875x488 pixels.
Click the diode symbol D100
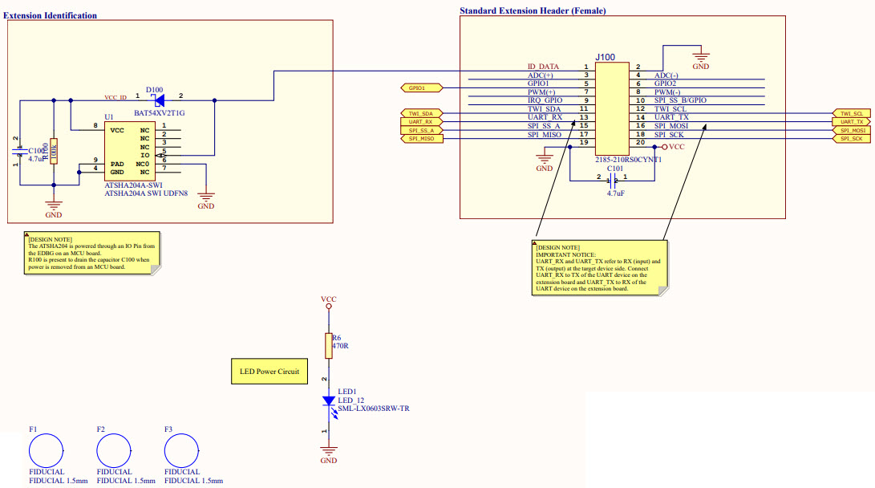159,100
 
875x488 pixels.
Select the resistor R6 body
328,346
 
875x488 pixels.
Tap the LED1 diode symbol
328,400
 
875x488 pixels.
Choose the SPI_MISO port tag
421,139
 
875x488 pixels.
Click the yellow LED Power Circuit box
269,372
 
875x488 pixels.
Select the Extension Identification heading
51,15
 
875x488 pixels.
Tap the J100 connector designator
606,58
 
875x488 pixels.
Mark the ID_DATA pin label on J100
543,67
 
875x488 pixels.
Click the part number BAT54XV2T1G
160,113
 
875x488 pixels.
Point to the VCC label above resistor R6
328,299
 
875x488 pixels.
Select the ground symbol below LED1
328,453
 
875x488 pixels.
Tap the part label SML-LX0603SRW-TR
373,409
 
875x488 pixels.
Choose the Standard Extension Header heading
533,10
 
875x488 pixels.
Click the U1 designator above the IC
109,117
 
